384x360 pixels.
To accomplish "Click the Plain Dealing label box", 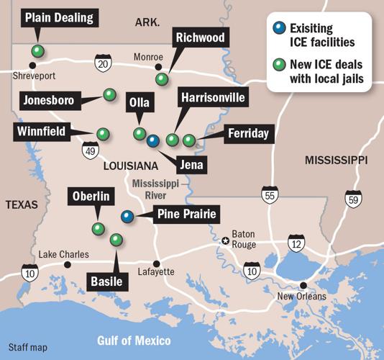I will (x=59, y=18).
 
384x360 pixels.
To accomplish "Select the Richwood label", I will (x=199, y=37).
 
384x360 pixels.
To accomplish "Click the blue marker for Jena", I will (x=152, y=141).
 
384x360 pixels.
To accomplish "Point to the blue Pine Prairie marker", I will (x=127, y=216).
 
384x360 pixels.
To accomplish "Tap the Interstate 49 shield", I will (x=90, y=150).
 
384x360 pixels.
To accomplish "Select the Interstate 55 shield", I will (x=269, y=195).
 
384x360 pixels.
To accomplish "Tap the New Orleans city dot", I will (x=303, y=285).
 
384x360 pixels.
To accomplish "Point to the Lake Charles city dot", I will (x=68, y=264).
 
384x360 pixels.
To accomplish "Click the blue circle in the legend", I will (x=278, y=29).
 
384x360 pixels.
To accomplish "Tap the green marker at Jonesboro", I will (x=109, y=94).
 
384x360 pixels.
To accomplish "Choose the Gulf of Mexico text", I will (x=134, y=340).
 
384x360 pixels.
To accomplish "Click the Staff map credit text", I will (x=28, y=347).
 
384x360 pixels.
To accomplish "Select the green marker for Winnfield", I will (x=103, y=133).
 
